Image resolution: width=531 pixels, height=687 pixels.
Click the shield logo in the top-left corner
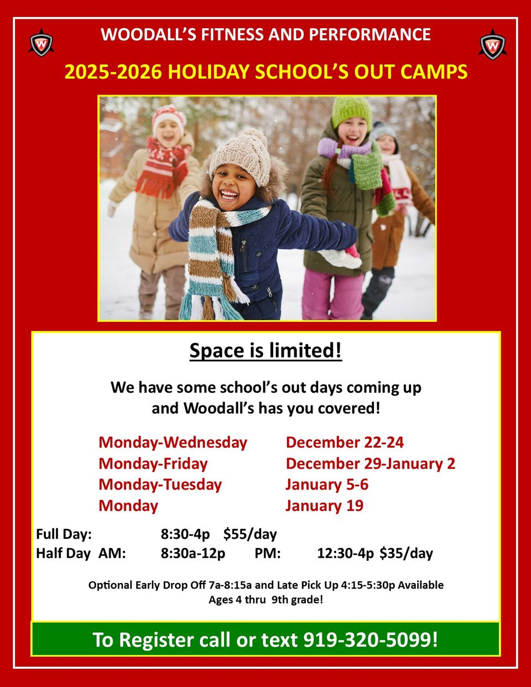coord(41,44)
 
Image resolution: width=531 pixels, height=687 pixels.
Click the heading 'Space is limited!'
coord(265,350)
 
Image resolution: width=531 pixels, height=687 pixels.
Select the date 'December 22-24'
coord(345,443)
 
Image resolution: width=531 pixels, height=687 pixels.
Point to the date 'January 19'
coord(324,506)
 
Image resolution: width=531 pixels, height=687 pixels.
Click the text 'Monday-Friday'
coord(153,464)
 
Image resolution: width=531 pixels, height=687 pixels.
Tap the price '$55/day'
coord(250,534)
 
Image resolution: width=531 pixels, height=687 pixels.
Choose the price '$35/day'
coord(406,553)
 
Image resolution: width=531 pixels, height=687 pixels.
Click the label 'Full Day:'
coord(64,534)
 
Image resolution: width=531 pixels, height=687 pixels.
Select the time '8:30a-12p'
coord(193,553)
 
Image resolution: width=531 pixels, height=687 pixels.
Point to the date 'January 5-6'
coord(326,485)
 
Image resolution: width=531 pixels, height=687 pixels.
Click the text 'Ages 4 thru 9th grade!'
coord(265,600)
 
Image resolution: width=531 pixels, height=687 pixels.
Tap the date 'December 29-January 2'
coord(370,464)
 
